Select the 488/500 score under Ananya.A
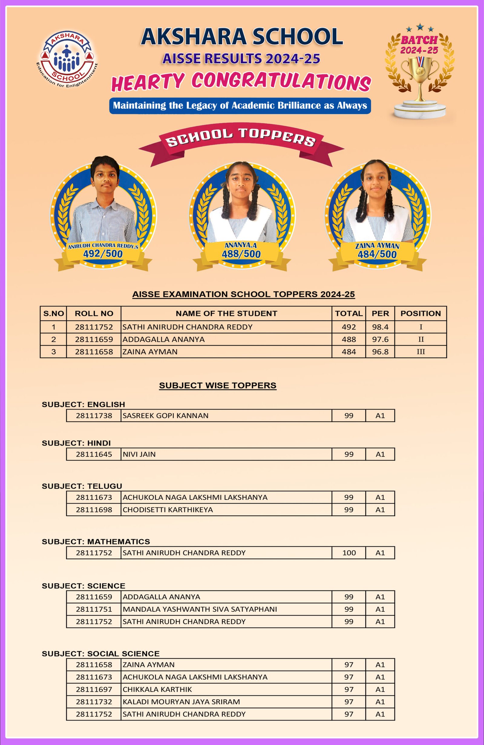[x=241, y=254]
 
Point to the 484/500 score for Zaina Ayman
[x=377, y=254]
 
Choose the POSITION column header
[x=420, y=313]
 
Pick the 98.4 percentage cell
[x=380, y=327]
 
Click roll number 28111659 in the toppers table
[x=94, y=339]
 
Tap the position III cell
[x=420, y=351]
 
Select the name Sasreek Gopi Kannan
[x=165, y=415]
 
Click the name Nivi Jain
[x=139, y=454]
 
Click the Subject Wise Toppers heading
[x=217, y=385]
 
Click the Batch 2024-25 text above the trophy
[x=419, y=45]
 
